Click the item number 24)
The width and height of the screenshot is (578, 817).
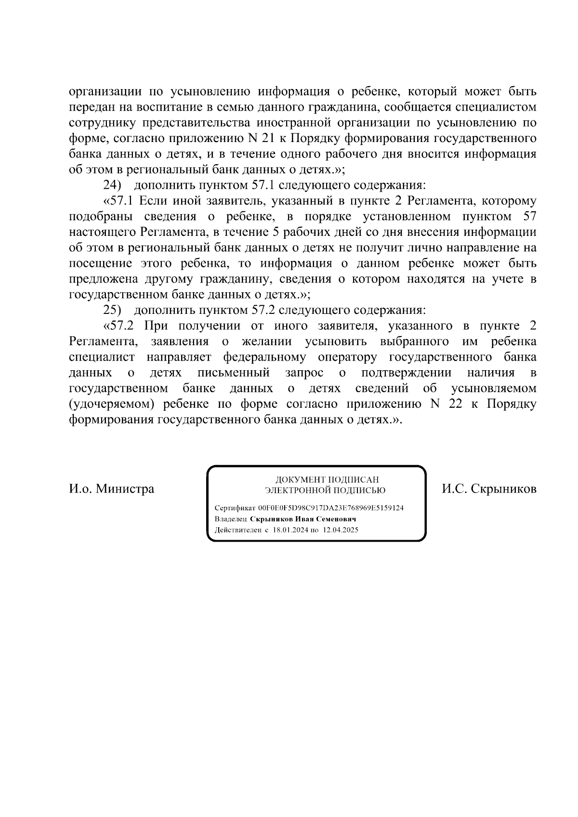coord(113,185)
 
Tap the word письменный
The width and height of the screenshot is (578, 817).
coord(234,373)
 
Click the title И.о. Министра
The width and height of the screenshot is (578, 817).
coord(112,489)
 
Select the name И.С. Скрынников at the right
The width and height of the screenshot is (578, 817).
coord(489,489)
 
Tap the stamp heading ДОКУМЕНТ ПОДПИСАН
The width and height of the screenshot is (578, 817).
coord(327,480)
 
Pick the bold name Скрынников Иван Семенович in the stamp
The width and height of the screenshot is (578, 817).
coord(303,519)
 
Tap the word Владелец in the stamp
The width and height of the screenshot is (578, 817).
coord(231,519)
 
